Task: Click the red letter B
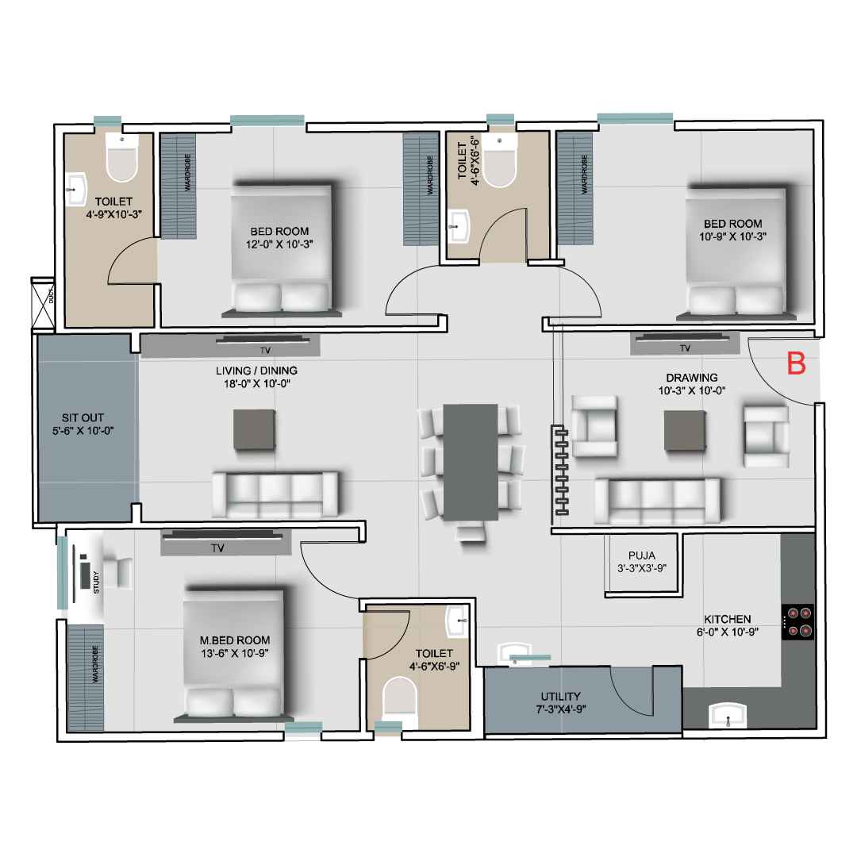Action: click(797, 363)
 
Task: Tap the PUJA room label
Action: click(642, 555)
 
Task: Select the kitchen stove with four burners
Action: click(798, 622)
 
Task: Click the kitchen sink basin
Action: click(728, 716)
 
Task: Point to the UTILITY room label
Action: click(561, 697)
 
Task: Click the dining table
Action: click(471, 463)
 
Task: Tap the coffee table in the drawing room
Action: click(685, 431)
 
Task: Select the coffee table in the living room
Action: click(254, 429)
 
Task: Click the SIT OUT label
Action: click(83, 417)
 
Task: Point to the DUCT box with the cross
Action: click(43, 303)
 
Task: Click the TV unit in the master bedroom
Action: click(225, 543)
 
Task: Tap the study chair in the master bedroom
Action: click(118, 574)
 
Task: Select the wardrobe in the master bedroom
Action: click(86, 678)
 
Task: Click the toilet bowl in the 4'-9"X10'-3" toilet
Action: click(122, 158)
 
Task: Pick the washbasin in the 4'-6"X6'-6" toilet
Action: click(459, 225)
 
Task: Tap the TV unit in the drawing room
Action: click(685, 344)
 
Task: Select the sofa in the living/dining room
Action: click(275, 494)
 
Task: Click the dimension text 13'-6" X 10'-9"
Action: click(235, 653)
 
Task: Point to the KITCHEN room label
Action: click(728, 619)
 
